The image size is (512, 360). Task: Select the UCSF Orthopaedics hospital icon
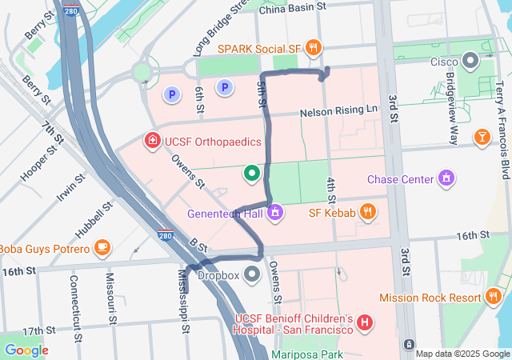[x=151, y=142]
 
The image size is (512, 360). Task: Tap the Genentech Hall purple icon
[x=274, y=213]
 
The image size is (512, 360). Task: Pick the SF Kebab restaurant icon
[x=367, y=212]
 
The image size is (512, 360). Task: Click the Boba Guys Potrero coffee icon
[x=101, y=248]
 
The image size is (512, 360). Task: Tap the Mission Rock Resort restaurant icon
[x=494, y=297]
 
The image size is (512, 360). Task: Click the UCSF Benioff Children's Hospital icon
[x=365, y=323]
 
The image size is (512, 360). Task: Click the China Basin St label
[x=293, y=6]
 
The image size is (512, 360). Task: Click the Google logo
[x=26, y=350]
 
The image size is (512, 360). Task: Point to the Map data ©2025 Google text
[x=462, y=354]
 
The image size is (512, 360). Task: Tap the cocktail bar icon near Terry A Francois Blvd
[x=482, y=138]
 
